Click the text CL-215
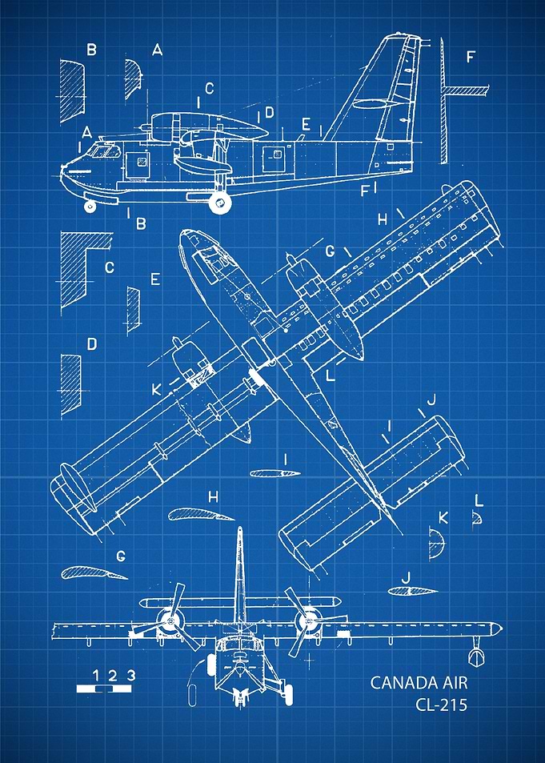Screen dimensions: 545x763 (x=441, y=705)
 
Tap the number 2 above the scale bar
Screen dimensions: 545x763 (x=113, y=676)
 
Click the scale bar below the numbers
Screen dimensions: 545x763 (x=104, y=689)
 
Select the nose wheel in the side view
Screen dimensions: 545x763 (x=90, y=206)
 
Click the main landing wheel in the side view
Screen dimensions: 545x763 (x=219, y=203)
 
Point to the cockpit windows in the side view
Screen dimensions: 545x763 (x=104, y=151)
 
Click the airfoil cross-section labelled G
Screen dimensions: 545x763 (x=94, y=573)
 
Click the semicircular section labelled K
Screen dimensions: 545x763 (x=437, y=543)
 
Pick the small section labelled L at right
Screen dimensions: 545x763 (x=477, y=518)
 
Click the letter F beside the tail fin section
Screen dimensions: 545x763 (x=470, y=58)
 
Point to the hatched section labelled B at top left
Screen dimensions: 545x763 (x=72, y=91)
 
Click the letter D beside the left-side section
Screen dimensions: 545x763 (x=91, y=344)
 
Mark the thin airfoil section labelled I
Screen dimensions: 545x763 (x=275, y=473)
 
